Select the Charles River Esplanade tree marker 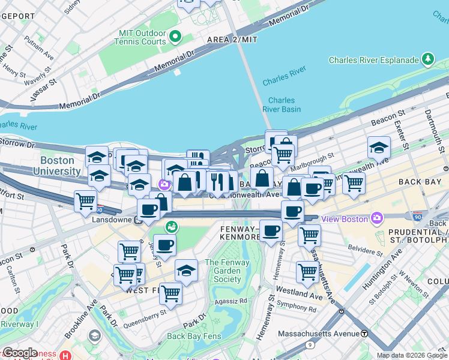click(x=428, y=59)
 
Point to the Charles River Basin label click(x=282, y=105)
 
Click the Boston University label click(x=58, y=165)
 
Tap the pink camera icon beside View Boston click(x=377, y=218)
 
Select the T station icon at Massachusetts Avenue click(x=364, y=333)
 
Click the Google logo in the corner click(x=19, y=353)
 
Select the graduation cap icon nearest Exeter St click(x=379, y=148)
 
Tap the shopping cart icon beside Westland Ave click(x=307, y=272)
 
